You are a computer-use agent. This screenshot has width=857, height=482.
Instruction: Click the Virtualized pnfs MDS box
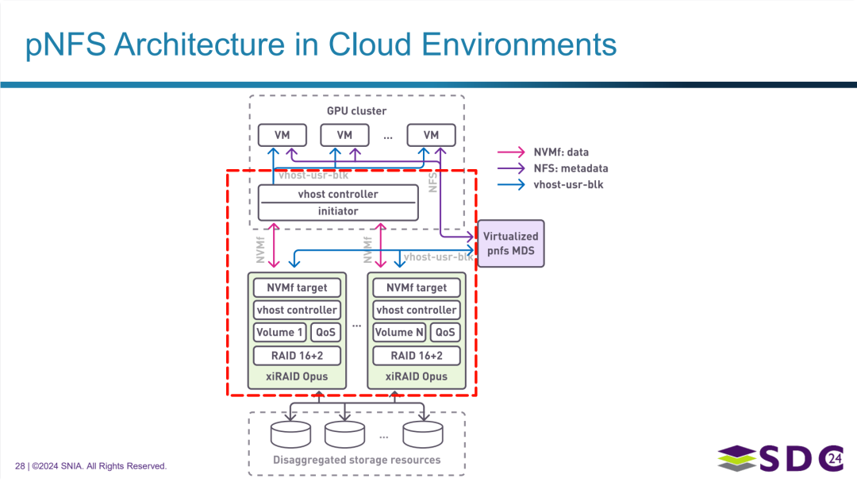click(511, 244)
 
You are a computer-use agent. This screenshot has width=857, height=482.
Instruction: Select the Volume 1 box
click(279, 332)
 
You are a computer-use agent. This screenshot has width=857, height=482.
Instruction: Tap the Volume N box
click(399, 332)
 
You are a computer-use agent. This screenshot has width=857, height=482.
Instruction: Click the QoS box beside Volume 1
click(326, 332)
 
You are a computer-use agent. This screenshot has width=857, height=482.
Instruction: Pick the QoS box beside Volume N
click(445, 332)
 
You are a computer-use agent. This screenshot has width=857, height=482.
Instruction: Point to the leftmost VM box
click(282, 135)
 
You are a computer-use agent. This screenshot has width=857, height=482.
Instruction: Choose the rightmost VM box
click(431, 135)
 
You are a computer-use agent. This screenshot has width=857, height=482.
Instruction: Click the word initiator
click(338, 211)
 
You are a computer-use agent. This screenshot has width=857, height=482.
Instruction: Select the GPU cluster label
click(356, 111)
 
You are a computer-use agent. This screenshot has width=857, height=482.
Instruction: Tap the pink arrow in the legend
click(511, 152)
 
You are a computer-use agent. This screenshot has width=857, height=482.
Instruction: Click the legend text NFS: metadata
click(571, 168)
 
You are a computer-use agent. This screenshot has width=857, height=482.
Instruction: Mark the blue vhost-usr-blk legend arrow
click(511, 185)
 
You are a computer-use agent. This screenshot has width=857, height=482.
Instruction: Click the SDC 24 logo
click(781, 458)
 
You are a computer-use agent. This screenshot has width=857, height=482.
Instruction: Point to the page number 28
click(20, 466)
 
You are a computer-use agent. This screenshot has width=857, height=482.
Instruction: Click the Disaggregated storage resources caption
click(356, 460)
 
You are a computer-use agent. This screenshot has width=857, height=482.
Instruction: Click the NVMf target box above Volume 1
click(297, 287)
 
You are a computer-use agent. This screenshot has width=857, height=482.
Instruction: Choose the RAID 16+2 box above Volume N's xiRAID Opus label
click(417, 356)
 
